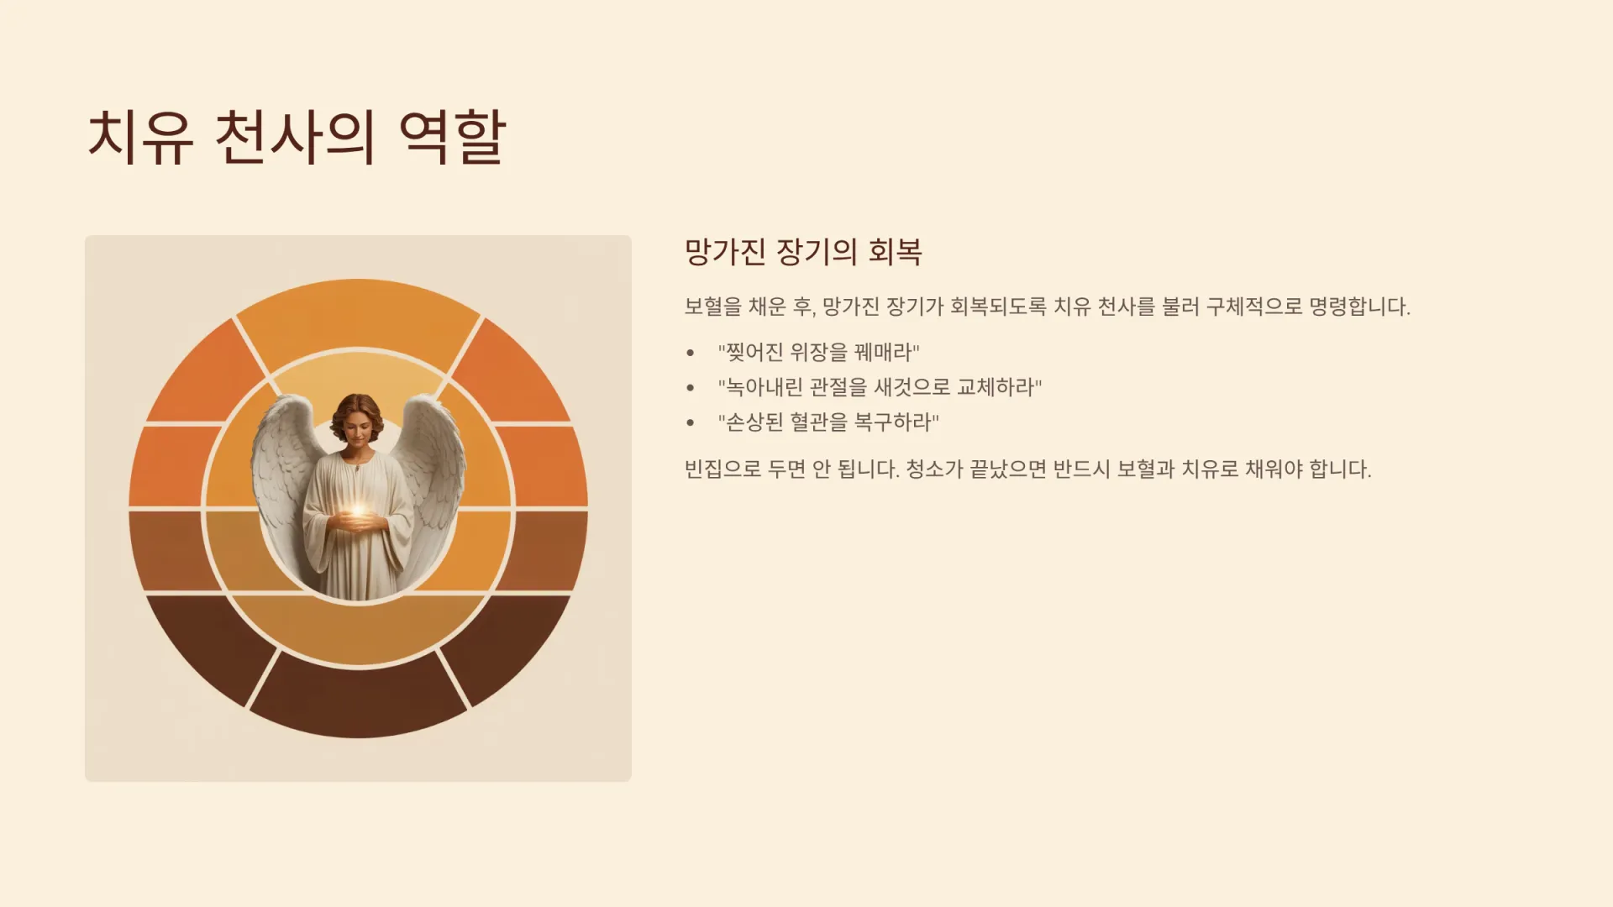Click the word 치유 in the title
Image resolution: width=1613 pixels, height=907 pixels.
coord(140,136)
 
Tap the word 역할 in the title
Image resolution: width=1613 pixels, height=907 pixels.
coord(452,136)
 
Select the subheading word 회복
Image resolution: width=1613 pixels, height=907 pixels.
coord(895,252)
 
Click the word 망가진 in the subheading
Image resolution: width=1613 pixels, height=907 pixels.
coord(725,252)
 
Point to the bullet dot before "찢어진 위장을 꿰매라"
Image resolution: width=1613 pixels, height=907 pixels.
coord(691,353)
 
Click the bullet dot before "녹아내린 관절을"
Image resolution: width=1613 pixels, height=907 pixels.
coord(691,388)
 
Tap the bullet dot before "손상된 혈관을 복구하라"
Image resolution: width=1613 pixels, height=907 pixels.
coord(691,422)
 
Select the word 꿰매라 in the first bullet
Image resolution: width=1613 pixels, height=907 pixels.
coord(887,352)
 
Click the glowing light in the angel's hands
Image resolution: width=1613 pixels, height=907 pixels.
coord(358,511)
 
